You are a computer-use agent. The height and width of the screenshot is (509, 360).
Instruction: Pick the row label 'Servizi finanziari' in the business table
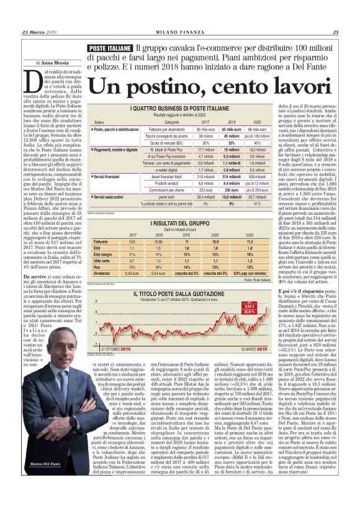pyautogui.click(x=111, y=177)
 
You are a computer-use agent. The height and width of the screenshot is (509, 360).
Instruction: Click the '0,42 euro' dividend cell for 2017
pyautogui.click(x=132, y=273)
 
